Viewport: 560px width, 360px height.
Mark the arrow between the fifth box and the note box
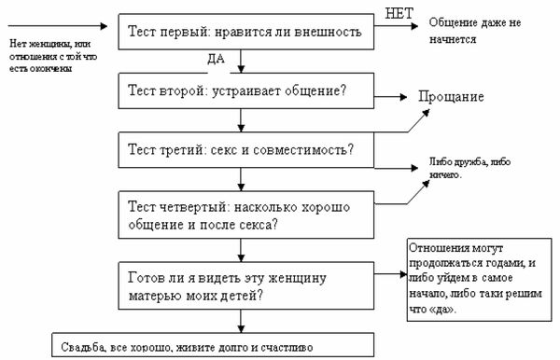(x=391, y=276)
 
